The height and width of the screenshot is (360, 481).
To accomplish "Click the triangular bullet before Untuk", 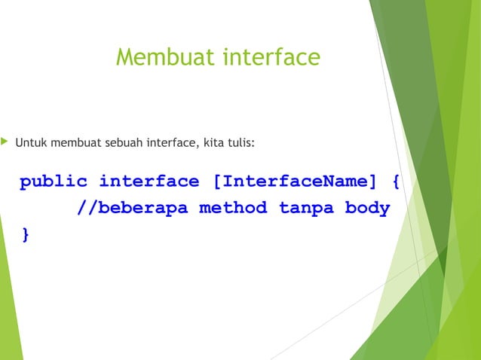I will pyautogui.click(x=5, y=140).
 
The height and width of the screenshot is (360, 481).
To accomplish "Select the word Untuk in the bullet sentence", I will pyautogui.click(x=29, y=141).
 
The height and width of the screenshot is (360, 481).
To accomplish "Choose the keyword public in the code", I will pyautogui.click(x=54, y=182).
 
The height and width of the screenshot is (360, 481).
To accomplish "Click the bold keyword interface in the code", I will pyautogui.click(x=149, y=182).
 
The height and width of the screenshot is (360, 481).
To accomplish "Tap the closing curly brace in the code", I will pyautogui.click(x=26, y=234).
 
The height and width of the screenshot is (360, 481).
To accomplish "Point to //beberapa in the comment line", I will pyautogui.click(x=133, y=208).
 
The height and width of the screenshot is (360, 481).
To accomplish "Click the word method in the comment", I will pyautogui.click(x=233, y=208).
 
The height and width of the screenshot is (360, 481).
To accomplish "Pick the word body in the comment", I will pyautogui.click(x=367, y=208).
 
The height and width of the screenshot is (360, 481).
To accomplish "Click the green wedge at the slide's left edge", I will pyautogui.click(x=9, y=301).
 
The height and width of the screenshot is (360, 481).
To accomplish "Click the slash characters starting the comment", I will pyautogui.click(x=86, y=208).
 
